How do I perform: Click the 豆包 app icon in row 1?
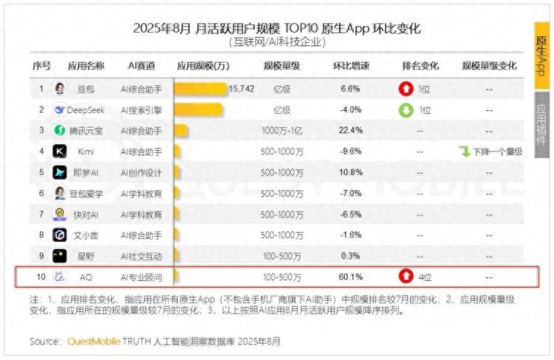(x=59, y=89)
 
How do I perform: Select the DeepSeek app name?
(x=85, y=109)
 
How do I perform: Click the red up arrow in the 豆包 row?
(x=406, y=89)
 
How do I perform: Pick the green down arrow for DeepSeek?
(x=406, y=110)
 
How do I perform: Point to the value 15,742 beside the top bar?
(x=242, y=89)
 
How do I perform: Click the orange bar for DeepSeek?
(x=198, y=109)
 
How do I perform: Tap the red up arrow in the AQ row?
(x=406, y=277)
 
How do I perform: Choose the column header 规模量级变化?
(x=489, y=66)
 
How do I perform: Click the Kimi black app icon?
(x=59, y=152)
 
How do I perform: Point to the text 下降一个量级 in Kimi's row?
(x=497, y=152)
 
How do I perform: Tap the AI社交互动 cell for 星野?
(x=141, y=256)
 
